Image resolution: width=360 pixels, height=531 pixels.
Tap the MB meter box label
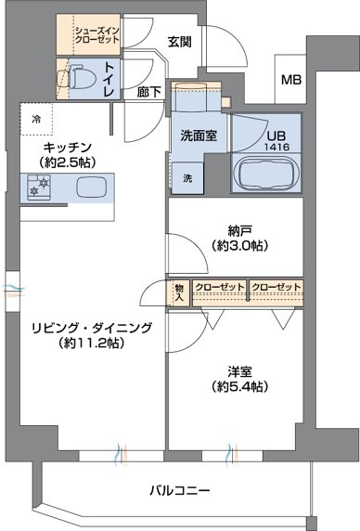coord(291,79)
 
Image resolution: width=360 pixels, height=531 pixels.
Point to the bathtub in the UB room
coord(265,173)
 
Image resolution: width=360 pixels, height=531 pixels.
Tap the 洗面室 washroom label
coord(199,135)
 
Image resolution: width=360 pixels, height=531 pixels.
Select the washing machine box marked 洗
coord(186,177)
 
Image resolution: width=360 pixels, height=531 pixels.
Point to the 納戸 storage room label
coord(237,239)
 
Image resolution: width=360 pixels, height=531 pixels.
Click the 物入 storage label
coord(179,293)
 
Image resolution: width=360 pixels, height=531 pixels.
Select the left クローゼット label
coord(221,287)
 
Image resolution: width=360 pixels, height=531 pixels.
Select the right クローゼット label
coord(276,287)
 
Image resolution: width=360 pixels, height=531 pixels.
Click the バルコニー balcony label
coord(180,489)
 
